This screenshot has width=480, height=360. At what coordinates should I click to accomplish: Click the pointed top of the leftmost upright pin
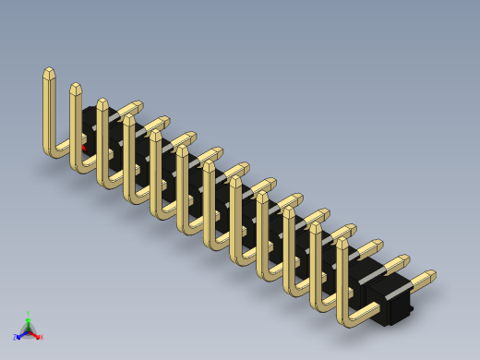click(49, 73)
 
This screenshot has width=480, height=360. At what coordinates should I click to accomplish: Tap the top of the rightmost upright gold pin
click(342, 243)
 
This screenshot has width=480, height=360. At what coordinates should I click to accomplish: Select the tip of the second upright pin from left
click(76, 89)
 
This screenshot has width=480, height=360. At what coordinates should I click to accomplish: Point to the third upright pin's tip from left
click(102, 103)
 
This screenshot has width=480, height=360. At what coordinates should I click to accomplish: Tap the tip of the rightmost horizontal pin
click(431, 275)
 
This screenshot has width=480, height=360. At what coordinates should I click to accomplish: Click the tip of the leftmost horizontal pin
click(138, 105)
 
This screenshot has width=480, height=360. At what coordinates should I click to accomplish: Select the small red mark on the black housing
click(84, 147)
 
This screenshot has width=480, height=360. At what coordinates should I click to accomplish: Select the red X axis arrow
click(36, 333)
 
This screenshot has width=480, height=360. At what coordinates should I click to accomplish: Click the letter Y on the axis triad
click(29, 314)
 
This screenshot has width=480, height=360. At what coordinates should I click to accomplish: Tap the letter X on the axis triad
click(41, 337)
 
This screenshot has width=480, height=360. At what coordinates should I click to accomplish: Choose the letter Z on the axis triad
click(16, 338)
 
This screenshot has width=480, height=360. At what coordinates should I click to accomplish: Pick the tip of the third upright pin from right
click(289, 212)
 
